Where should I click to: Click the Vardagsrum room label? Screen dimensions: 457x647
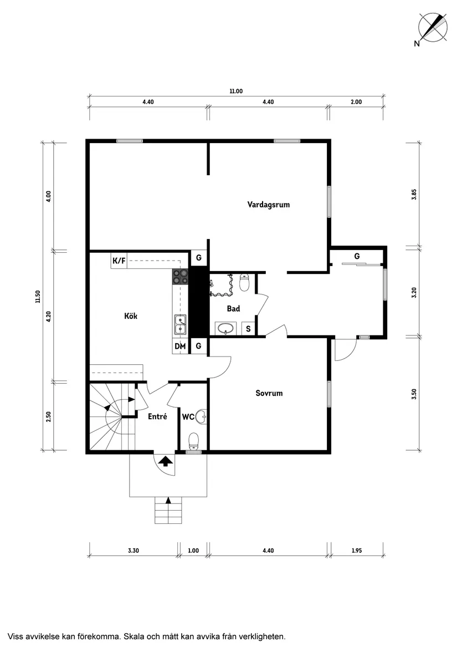coord(269,205)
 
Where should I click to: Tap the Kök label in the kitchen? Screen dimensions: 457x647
coord(131,316)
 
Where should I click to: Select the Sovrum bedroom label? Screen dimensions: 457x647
coord(269,393)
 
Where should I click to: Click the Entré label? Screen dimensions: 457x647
coord(157,417)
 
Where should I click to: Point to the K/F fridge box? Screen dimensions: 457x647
coord(119,261)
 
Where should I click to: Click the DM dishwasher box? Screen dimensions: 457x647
coord(180,346)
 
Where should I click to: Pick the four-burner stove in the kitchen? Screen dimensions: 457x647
coord(180,277)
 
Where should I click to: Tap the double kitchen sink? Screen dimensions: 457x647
coord(180,324)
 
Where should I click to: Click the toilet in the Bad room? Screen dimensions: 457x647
coord(245,283)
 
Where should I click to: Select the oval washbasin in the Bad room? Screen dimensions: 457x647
coord(225,329)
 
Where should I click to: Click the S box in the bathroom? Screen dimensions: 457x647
coord(248,329)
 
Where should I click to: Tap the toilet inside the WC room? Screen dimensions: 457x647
coord(193,441)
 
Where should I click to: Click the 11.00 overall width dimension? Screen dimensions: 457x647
coord(237,91)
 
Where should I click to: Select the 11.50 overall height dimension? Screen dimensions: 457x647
coord(38,297)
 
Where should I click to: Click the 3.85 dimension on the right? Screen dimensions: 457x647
coord(414,195)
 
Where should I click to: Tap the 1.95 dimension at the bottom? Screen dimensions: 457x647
coord(357,551)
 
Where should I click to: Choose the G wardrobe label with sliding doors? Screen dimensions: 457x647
coord(357,256)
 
